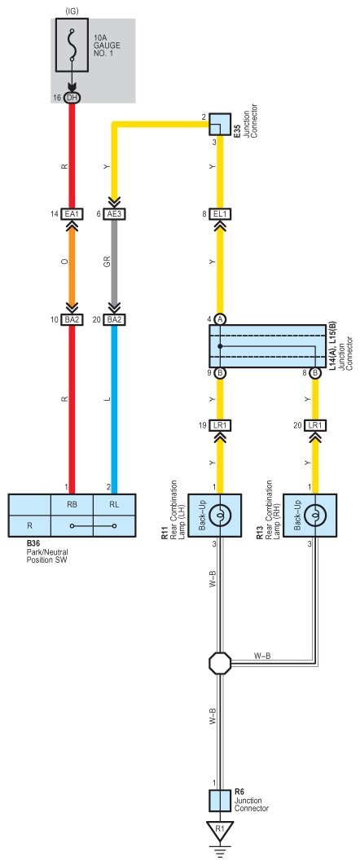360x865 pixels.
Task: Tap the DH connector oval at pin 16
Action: [x=72, y=98]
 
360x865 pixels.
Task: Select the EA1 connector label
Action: [x=72, y=214]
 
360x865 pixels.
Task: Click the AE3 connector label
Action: [x=115, y=214]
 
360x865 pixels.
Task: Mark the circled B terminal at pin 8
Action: [x=315, y=373]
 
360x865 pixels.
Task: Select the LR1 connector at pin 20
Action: [x=315, y=426]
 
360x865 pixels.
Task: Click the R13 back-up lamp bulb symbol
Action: [x=315, y=515]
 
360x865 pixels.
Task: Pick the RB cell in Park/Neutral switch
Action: [x=72, y=503]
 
